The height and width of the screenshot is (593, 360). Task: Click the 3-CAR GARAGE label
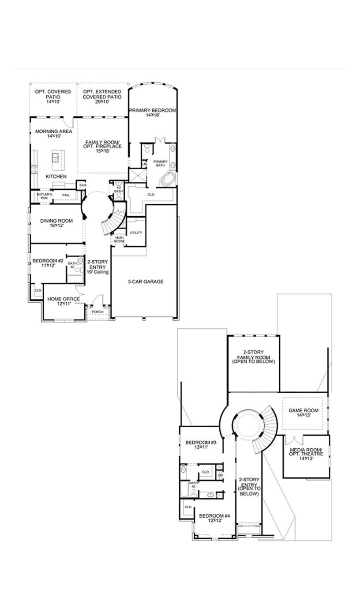146,281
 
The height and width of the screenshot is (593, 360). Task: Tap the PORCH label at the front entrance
97,312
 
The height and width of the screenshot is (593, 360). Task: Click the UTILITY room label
136,233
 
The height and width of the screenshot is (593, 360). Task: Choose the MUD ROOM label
119,240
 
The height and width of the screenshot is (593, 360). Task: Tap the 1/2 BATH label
118,189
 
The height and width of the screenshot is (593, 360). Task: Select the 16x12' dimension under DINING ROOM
56,226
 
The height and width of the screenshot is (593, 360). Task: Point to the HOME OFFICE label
64,299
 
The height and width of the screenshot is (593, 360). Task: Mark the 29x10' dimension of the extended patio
102,101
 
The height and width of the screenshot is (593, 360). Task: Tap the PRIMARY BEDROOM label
152,110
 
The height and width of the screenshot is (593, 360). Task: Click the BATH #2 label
72,265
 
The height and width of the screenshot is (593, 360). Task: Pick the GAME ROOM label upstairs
303,410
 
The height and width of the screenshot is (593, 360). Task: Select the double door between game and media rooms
294,439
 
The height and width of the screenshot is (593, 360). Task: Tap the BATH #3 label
193,484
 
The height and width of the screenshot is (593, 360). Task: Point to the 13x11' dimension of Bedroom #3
200,447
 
